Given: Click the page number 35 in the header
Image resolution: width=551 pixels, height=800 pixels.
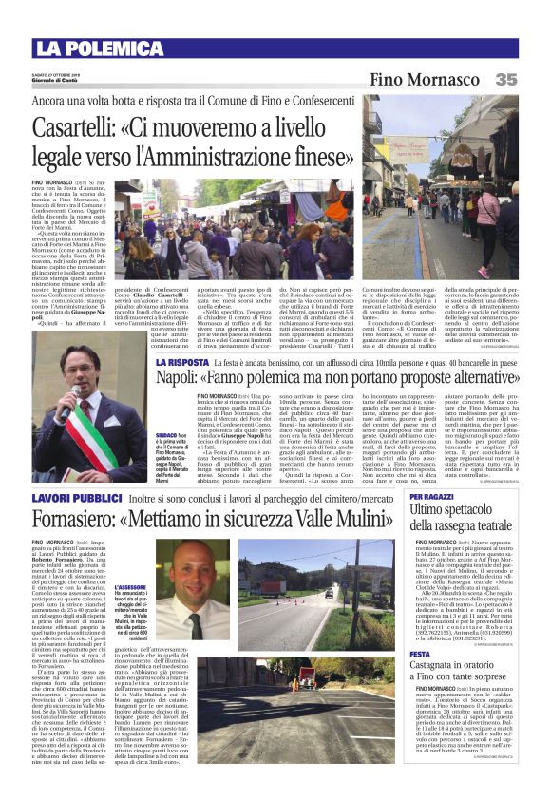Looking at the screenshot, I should (x=506, y=80).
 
